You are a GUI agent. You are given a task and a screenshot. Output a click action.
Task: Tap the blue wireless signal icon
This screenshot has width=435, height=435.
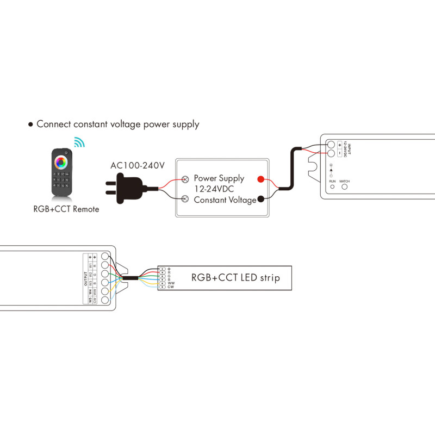pos(80,142)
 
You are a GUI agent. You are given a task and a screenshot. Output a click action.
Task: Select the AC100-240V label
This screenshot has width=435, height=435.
pos(138,166)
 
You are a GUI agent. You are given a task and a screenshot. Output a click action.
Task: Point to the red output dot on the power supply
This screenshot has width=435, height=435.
pos(261,179)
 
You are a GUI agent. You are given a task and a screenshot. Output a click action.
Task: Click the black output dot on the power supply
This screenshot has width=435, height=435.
pos(261,200)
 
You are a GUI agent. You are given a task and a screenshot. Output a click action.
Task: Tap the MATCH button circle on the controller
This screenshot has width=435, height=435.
pos(344,187)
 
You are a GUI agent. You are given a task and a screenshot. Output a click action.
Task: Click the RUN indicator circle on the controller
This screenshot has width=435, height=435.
pos(332,187)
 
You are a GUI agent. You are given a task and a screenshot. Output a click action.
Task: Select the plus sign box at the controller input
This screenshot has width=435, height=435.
pos(340,145)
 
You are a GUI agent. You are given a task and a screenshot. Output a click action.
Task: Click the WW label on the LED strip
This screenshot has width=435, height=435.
pos(171,283)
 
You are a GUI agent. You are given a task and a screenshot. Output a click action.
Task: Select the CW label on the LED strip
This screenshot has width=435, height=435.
pos(170,287)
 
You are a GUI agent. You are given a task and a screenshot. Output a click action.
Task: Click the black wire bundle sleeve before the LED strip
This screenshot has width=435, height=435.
pos(130,278)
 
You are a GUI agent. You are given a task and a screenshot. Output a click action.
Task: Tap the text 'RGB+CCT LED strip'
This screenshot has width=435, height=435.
pos(235,278)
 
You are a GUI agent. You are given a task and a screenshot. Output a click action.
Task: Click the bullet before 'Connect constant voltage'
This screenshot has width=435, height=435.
pos(31,125)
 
